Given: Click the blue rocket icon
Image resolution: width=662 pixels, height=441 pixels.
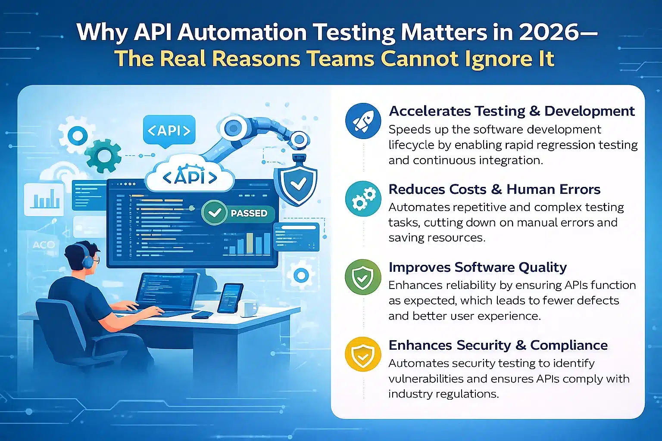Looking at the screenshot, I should [363, 121].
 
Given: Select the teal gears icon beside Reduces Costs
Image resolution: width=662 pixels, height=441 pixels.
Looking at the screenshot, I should [363, 199].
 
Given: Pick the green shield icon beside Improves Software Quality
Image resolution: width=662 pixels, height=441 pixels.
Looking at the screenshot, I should [363, 277].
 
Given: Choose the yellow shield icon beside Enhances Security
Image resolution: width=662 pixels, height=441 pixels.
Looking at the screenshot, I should [363, 354].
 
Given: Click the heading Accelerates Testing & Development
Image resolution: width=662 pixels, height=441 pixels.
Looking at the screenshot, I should [512, 111].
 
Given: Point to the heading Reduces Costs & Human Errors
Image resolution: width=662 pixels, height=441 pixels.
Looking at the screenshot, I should [494, 189].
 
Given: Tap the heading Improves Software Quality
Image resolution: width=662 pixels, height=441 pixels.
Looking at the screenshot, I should [478, 267].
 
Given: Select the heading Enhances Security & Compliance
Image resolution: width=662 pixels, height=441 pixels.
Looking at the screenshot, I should [498, 345].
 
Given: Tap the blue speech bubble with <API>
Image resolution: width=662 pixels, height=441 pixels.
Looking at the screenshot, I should [169, 130].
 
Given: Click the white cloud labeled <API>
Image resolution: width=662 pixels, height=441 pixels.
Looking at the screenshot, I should [190, 176].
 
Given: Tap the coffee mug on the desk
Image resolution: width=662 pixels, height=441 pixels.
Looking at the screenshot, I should [249, 308].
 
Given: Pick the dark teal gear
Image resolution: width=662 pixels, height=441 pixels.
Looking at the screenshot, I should [102, 155].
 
